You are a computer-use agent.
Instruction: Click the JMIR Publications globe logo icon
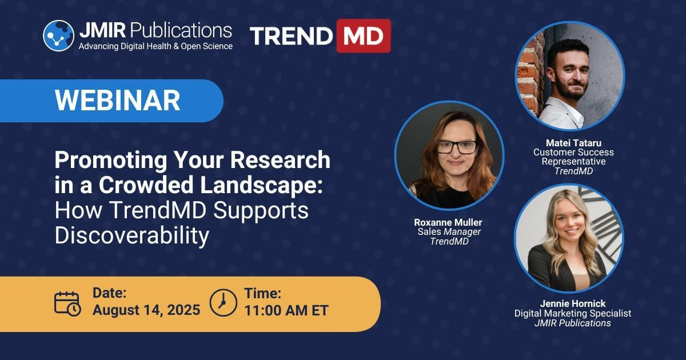pyautogui.click(x=58, y=35)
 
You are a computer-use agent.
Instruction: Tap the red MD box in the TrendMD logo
pyautogui.click(x=364, y=36)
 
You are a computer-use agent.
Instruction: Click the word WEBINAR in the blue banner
pyautogui.click(x=118, y=101)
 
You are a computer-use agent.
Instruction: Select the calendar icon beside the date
pyautogui.click(x=67, y=303)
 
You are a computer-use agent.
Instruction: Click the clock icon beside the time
pyautogui.click(x=224, y=303)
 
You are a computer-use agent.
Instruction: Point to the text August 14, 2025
pyautogui.click(x=146, y=310)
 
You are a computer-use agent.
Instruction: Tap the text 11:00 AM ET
pyautogui.click(x=286, y=310)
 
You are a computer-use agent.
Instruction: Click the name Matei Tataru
pyautogui.click(x=573, y=143)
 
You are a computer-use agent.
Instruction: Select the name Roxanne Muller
pyautogui.click(x=448, y=222)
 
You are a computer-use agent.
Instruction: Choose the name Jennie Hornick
pyautogui.click(x=573, y=303)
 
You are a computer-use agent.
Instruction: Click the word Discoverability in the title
pyautogui.click(x=132, y=235)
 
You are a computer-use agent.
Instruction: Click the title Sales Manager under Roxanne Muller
pyautogui.click(x=449, y=232)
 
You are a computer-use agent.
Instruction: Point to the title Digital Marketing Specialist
pyautogui.click(x=573, y=313)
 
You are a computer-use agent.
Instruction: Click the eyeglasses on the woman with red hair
pyautogui.click(x=457, y=147)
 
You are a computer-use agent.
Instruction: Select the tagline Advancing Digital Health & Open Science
pyautogui.click(x=155, y=46)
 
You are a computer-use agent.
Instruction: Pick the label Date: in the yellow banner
pyautogui.click(x=110, y=293)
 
